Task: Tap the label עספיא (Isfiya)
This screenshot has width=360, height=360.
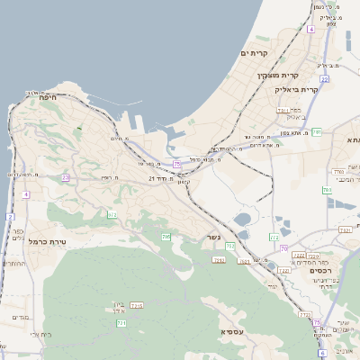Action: (x=232, y=332)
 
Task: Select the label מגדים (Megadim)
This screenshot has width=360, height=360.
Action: (x=20, y=318)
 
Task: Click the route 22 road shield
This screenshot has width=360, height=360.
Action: (x=324, y=79)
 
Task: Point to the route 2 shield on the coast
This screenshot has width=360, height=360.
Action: (x=10, y=217)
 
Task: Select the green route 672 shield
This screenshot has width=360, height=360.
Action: (x=112, y=214)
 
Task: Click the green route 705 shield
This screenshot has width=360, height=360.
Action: (x=166, y=237)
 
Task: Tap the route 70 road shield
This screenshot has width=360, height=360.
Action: (x=283, y=248)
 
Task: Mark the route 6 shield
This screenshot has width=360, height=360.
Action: (x=322, y=354)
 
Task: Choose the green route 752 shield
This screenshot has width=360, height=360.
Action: (x=230, y=246)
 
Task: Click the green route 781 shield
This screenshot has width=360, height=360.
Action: (x=218, y=260)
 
